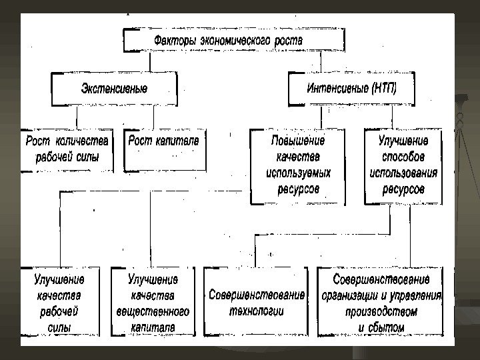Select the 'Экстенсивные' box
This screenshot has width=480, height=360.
(x=114, y=89)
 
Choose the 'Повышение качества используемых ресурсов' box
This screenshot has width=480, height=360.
(x=297, y=165)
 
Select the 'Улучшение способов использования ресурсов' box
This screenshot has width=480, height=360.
(x=403, y=165)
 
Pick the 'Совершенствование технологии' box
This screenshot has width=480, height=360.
(x=256, y=302)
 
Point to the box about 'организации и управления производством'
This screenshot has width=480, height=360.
(x=381, y=302)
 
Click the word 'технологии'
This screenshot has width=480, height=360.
(x=256, y=311)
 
